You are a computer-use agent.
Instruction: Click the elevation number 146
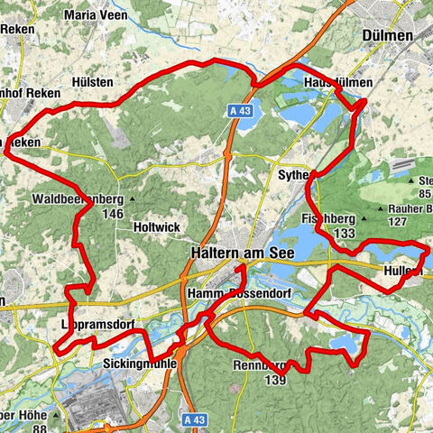coord(113,214)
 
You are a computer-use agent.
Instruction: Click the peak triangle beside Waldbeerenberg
coord(133,198)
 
